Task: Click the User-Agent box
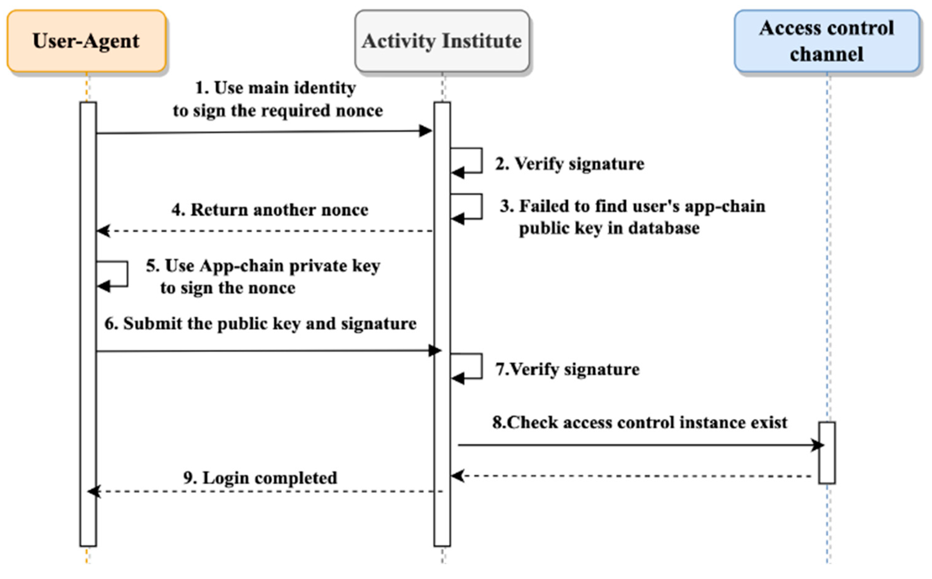point(86,41)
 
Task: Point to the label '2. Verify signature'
point(569,164)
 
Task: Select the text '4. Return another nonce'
point(270,210)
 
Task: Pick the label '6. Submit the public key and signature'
point(260,324)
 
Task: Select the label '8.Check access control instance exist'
point(639,423)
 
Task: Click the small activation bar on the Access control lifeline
point(827,453)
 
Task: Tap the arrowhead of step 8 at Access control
point(818,445)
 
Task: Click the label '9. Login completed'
point(260,478)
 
